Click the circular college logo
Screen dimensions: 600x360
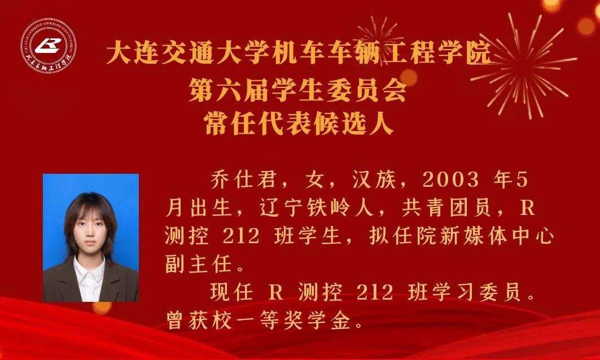(48, 46)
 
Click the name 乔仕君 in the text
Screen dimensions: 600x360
(243, 180)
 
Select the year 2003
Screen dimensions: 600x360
(451, 180)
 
